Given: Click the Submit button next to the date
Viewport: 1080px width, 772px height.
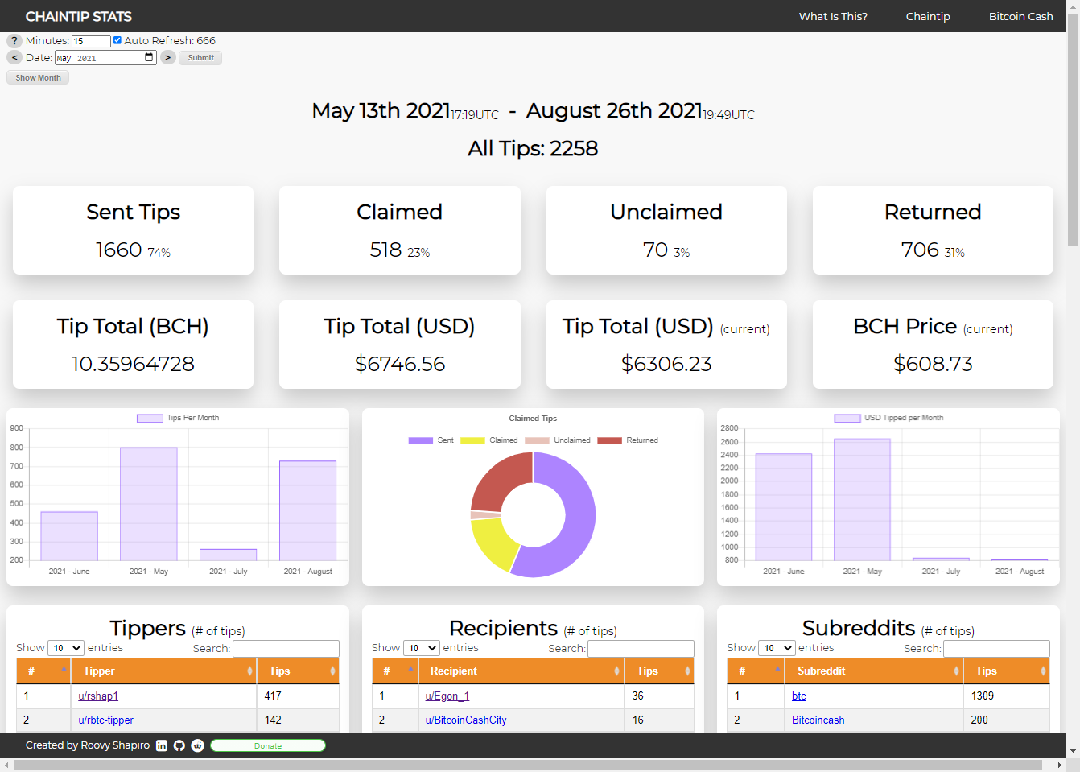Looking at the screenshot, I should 200,58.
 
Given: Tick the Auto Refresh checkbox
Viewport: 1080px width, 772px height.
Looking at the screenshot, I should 117,40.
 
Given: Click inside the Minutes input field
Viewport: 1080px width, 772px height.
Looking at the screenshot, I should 91,41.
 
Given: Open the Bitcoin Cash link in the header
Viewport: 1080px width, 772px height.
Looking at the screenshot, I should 1020,16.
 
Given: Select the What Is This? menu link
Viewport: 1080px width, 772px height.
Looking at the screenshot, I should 833,16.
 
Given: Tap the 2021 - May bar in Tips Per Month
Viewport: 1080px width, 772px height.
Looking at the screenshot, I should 149,504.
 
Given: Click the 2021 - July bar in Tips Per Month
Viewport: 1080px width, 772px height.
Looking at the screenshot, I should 229,555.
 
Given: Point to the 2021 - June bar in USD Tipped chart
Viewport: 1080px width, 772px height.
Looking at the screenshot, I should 783,507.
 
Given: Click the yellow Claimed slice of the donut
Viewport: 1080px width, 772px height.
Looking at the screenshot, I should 493,543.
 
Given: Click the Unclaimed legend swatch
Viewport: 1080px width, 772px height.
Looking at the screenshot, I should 537,440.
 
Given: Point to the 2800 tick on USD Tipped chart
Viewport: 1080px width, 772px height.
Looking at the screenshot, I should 729,428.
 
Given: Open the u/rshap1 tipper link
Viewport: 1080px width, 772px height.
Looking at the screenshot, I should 98,696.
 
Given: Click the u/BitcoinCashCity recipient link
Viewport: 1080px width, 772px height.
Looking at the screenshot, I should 466,720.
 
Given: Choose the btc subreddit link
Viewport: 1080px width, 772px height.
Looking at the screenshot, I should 798,696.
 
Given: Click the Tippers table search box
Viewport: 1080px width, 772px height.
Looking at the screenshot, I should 286,649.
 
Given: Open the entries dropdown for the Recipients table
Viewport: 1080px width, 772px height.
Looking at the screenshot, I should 421,648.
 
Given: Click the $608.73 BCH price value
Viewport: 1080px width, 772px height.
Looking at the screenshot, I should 933,364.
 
